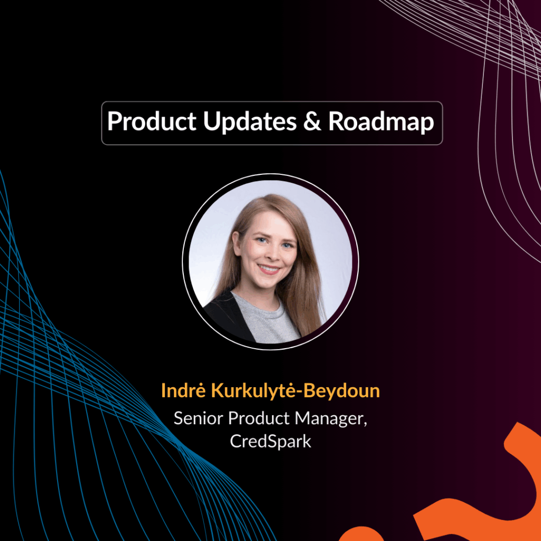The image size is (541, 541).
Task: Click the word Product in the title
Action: [152, 122]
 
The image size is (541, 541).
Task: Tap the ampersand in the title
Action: [312, 122]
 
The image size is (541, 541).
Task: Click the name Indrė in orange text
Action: [183, 390]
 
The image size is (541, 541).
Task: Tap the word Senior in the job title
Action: [198, 418]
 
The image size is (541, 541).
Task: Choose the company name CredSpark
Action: [270, 441]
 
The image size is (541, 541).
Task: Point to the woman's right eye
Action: [262, 240]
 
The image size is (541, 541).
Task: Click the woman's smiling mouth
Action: [269, 269]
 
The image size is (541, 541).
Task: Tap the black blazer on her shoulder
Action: [229, 316]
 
